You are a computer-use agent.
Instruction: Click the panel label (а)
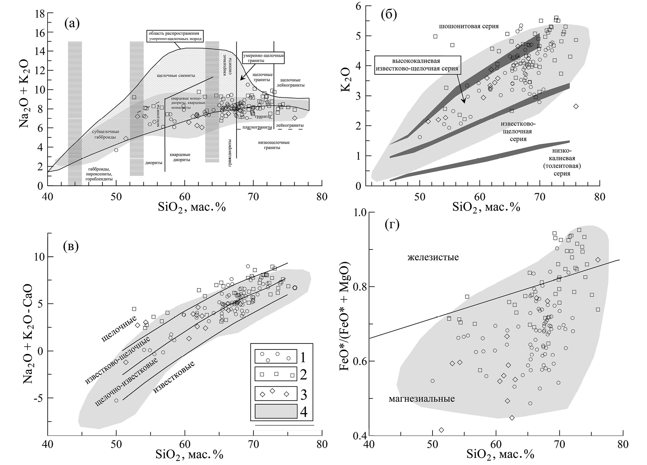pos(72,23)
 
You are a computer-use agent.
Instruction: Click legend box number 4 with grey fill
pos(276,411)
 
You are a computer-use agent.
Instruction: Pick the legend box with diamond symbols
pos(276,393)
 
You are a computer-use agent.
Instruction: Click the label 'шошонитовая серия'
pos(469,26)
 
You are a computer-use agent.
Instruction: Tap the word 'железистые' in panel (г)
pos(433,258)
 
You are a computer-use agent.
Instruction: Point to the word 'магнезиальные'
pos(422,399)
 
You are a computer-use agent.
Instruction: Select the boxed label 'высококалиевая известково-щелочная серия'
pos(418,65)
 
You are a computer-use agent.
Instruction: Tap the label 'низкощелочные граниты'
pos(274,145)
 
